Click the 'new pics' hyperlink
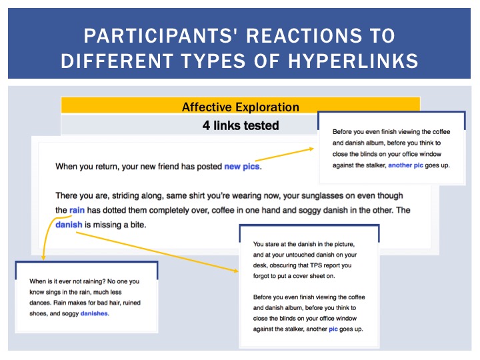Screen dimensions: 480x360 pos(242,167)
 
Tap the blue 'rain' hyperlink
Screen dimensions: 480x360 pos(77,210)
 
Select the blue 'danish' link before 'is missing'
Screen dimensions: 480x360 pos(69,225)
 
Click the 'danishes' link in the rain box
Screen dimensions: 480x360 pos(94,313)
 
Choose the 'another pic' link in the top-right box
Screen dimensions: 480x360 pos(405,165)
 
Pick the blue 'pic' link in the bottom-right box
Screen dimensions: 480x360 pos(333,329)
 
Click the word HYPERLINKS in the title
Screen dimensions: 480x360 pos(353,61)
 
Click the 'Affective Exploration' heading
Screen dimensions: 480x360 pos(241,107)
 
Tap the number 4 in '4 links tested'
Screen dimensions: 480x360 pos(206,125)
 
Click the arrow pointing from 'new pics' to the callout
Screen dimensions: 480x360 pos(285,155)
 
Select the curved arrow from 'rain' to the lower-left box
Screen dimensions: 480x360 pos(47,232)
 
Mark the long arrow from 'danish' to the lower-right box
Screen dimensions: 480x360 pos(157,252)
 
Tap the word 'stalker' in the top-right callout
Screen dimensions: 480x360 pos(377,165)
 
